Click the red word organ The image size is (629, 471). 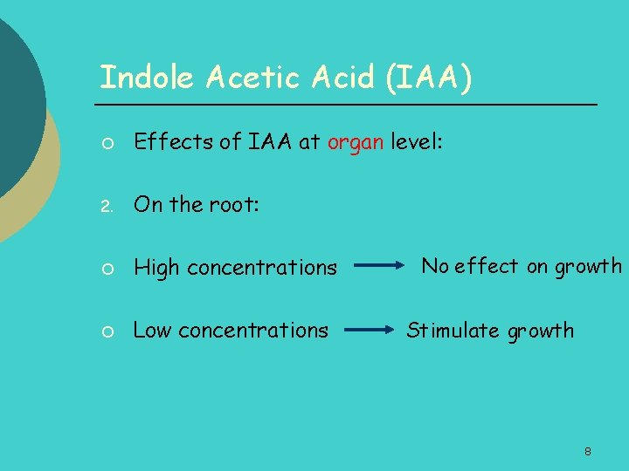click(355, 143)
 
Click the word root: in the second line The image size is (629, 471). click(234, 206)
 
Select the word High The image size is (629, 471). click(156, 269)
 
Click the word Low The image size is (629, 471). click(153, 331)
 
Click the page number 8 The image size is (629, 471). click(588, 452)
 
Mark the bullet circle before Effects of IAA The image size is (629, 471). click(104, 144)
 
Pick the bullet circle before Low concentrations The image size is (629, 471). click(104, 331)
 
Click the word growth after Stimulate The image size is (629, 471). click(541, 331)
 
